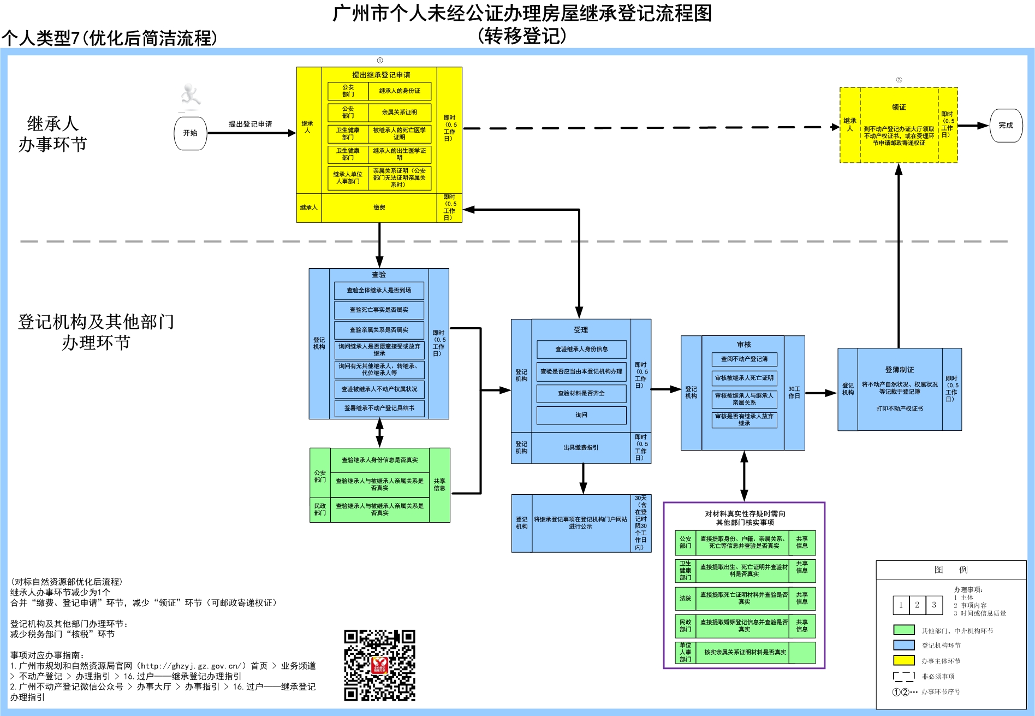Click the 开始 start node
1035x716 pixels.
190,133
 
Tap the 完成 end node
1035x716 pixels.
1006,126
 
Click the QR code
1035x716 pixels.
379,665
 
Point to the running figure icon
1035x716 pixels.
190,95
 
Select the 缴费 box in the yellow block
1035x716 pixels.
379,208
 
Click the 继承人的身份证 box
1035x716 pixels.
400,91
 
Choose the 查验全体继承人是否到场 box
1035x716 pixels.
379,291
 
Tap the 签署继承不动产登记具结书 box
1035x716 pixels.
379,408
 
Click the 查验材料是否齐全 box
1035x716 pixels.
581,393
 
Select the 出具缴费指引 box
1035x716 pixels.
581,448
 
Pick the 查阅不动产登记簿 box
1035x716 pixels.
744,359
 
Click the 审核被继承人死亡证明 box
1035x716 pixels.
744,378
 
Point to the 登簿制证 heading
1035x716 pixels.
899,370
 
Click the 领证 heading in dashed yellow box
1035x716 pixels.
899,108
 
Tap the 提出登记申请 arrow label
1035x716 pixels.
250,125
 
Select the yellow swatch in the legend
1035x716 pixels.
903,660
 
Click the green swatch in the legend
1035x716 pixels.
903,630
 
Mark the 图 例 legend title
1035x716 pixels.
950,570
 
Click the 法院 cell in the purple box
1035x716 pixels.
685,599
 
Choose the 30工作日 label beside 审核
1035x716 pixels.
794,393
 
